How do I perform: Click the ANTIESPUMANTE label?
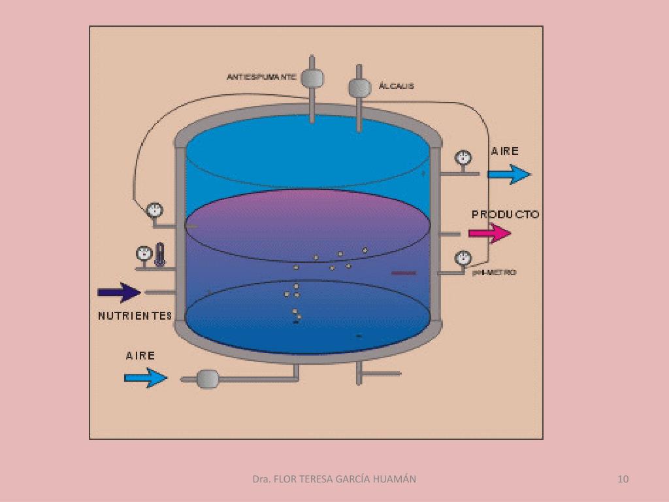261,77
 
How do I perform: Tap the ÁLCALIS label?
396,86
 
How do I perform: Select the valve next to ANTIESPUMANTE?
312,78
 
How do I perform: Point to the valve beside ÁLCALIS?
359,88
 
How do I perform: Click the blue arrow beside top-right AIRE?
509,174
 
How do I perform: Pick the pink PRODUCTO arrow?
490,233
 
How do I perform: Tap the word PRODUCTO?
505,214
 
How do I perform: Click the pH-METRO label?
494,273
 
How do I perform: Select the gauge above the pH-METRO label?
463,258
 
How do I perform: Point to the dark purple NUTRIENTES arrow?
119,292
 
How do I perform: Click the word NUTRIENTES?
135,316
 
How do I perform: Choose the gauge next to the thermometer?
144,254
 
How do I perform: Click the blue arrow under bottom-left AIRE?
146,377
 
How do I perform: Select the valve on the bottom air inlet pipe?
207,378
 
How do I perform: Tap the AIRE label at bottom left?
140,356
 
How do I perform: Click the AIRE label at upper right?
504,151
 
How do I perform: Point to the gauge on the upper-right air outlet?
463,158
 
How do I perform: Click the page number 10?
623,479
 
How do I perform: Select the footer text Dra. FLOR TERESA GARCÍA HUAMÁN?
334,479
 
